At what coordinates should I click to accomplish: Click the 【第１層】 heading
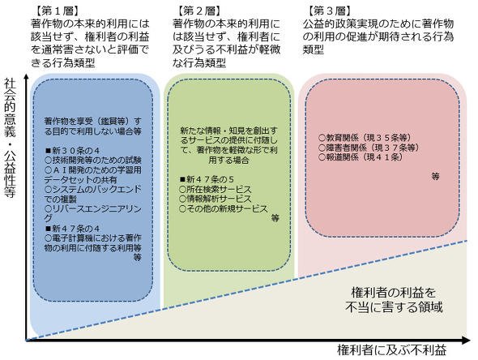tap(57, 11)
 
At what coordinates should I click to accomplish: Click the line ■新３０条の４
tap(73, 151)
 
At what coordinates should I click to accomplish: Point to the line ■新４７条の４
tap(73, 229)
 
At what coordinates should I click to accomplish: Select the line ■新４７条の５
tap(207, 179)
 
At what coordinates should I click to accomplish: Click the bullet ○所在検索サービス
tap(216, 189)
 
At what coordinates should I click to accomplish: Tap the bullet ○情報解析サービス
tap(216, 199)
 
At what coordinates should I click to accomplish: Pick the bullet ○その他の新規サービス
tap(224, 209)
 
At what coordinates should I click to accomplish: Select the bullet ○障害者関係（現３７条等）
tap(369, 148)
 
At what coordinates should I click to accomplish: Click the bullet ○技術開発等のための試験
tap(93, 161)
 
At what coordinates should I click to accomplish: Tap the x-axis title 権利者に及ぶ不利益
tap(392, 350)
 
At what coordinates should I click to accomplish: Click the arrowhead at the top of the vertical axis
tap(27, 78)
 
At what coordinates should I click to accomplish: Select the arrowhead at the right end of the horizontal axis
tap(466, 340)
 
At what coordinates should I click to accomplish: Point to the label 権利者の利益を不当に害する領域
tap(394, 300)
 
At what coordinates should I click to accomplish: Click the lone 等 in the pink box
tap(436, 176)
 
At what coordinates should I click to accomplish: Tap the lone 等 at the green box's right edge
tap(275, 218)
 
